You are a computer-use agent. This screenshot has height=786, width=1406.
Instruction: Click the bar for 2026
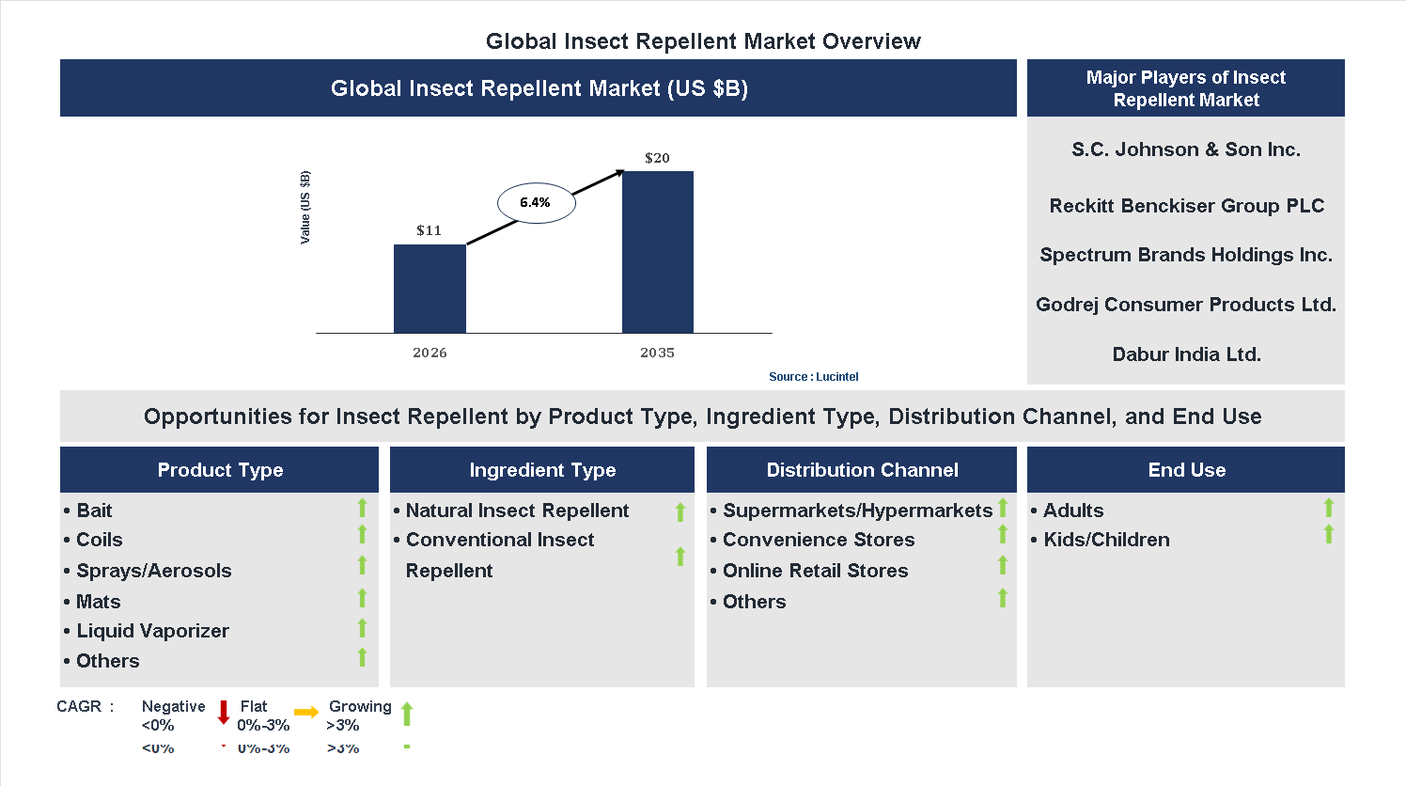[x=430, y=289]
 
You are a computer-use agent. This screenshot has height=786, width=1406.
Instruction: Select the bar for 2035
[x=657, y=252]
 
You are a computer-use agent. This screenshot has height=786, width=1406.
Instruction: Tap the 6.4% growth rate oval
[x=536, y=202]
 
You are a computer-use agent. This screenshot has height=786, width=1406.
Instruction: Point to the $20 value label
[x=657, y=158]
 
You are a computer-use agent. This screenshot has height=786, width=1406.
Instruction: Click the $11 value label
[x=429, y=230]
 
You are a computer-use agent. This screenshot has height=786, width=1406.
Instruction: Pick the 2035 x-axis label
[x=657, y=353]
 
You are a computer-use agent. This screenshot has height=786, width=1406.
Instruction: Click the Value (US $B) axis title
[x=305, y=208]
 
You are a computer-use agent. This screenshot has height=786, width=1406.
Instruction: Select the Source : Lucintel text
[x=813, y=377]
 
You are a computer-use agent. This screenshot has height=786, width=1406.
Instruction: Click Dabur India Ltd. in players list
[x=1186, y=354]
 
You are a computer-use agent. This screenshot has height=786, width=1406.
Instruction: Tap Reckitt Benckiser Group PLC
[x=1186, y=206]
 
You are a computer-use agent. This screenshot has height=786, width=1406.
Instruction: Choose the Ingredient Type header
[x=542, y=470]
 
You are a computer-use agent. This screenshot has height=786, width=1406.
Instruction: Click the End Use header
[x=1186, y=470]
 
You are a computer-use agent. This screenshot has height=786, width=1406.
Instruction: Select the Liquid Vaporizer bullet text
[x=152, y=631]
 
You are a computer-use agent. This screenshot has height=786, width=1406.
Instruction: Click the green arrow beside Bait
[x=362, y=509]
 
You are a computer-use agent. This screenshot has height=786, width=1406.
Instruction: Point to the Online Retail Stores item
[x=815, y=571]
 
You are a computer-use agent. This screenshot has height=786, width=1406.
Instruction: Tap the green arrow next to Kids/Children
[x=1328, y=535]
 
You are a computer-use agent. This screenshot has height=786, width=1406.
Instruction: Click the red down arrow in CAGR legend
[x=224, y=712]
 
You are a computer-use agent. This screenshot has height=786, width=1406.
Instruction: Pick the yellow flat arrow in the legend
[x=306, y=713]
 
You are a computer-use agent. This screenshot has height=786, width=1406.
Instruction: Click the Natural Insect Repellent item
[x=517, y=511]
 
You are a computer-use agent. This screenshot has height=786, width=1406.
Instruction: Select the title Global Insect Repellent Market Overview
[x=703, y=41]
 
